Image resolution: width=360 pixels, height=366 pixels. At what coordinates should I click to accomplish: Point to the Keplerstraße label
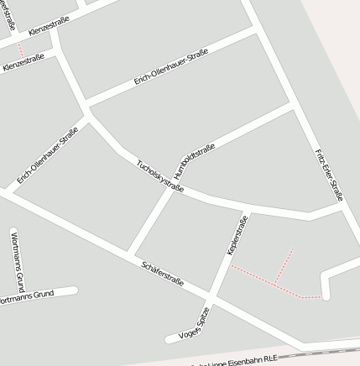[237, 235]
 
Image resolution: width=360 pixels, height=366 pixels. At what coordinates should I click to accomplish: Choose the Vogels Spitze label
[193, 322]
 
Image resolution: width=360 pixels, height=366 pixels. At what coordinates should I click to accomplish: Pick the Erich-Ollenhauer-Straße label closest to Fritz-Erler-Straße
[171, 68]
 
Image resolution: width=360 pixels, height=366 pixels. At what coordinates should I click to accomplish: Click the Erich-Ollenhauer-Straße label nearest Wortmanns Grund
[48, 155]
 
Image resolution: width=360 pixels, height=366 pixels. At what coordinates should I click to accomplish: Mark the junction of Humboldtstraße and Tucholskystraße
[180, 186]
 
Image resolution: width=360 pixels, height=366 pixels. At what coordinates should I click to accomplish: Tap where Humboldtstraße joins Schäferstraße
[128, 253]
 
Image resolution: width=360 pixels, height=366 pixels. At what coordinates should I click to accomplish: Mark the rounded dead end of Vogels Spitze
[171, 338]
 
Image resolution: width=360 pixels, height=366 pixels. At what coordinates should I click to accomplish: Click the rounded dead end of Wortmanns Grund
[74, 290]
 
